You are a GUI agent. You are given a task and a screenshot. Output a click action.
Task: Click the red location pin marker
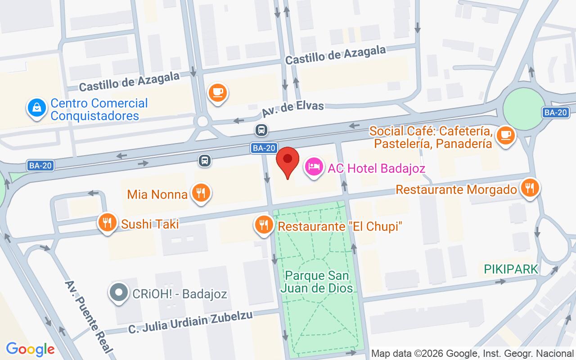click(288, 162)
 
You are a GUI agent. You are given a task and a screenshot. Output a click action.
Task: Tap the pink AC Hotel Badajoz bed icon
click(314, 167)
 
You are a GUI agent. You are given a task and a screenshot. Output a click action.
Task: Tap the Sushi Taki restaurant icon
click(107, 222)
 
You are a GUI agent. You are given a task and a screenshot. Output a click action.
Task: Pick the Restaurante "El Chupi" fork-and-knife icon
click(263, 225)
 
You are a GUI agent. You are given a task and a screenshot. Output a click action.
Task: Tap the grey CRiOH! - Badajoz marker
click(119, 293)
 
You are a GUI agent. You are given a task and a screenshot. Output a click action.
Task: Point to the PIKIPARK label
click(511, 270)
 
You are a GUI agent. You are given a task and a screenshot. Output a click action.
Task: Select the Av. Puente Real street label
click(90, 316)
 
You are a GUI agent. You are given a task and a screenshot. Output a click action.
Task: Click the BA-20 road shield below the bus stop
click(263, 148)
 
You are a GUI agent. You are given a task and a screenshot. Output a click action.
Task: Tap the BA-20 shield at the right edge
click(555, 112)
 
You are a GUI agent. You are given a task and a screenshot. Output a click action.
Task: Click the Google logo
click(30, 349)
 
